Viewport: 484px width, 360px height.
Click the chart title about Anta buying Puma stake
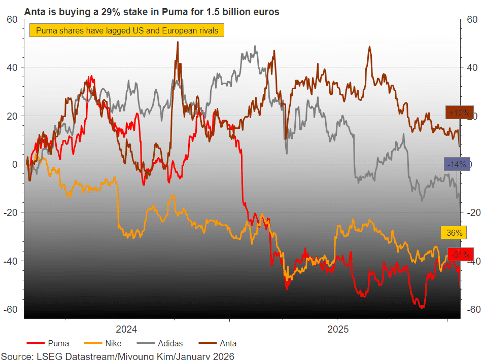pyautogui.click(x=152, y=12)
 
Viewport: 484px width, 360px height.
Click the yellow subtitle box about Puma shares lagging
pyautogui.click(x=127, y=31)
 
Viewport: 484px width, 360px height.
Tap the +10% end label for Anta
pyautogui.click(x=459, y=113)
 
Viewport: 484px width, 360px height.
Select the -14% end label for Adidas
pyautogui.click(x=457, y=164)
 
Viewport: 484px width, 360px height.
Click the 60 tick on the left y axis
pyautogui.click(x=13, y=19)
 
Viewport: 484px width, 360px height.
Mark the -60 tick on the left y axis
pyautogui.click(x=11, y=309)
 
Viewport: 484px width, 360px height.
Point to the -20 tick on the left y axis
pyautogui.click(x=11, y=212)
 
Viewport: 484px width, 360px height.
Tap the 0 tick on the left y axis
pyautogui.click(x=15, y=164)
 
